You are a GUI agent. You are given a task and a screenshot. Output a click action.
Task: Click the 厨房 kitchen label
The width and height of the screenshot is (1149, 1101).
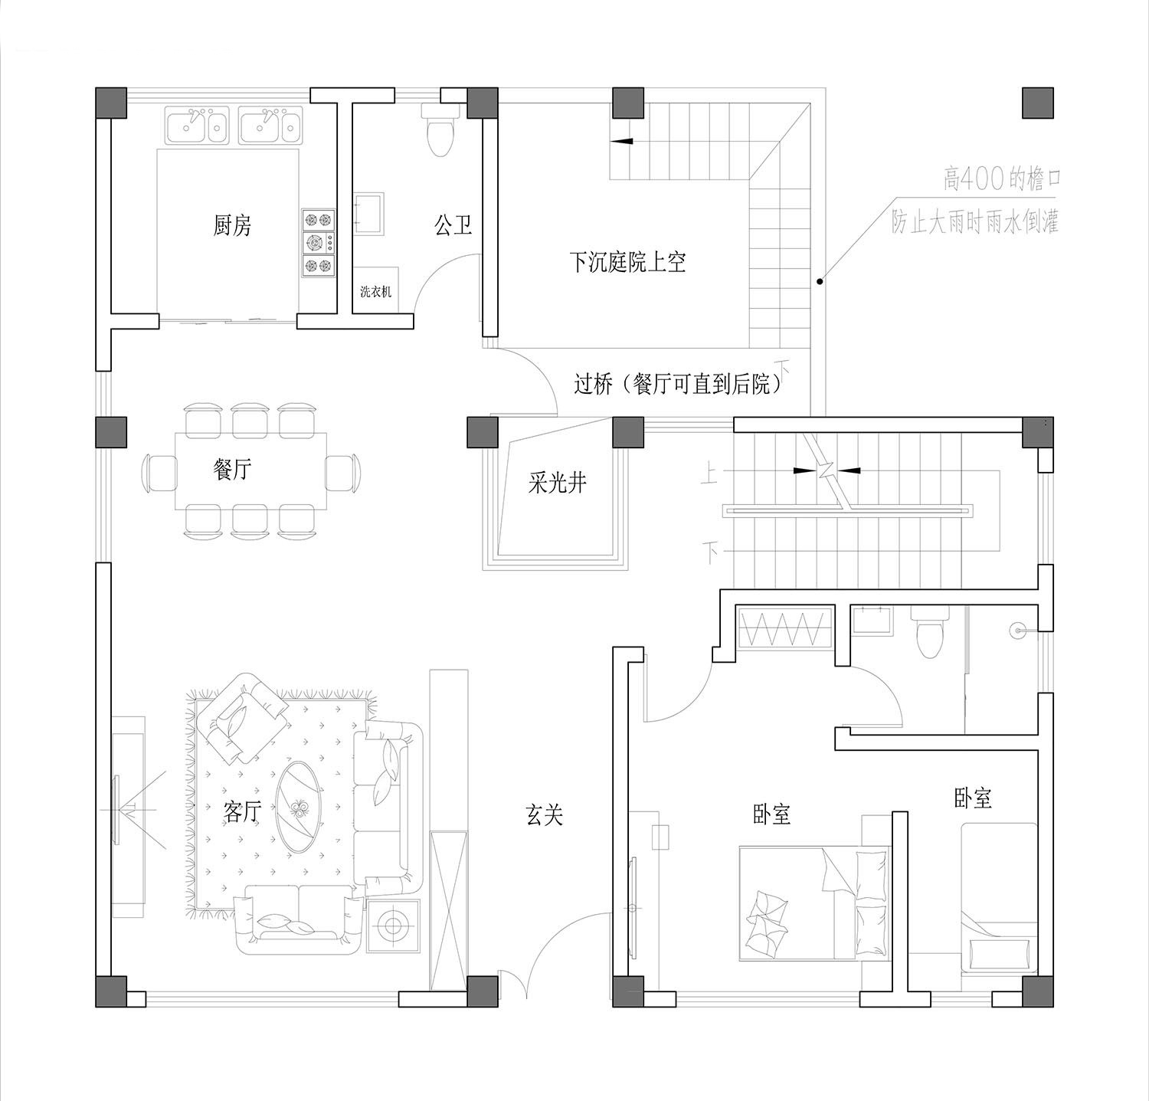click(232, 225)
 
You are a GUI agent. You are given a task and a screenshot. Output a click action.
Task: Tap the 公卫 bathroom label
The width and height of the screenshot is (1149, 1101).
click(453, 225)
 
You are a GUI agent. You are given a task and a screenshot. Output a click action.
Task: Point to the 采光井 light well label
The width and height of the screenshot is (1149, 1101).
click(557, 483)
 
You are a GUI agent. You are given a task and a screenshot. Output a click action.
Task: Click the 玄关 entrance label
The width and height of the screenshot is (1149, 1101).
click(545, 814)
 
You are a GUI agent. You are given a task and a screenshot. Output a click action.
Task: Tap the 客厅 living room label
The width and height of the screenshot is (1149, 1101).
click(242, 811)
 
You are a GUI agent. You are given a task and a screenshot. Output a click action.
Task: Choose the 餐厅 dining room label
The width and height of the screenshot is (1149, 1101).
click(232, 469)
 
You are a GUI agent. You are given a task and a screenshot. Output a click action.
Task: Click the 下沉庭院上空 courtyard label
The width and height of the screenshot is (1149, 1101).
click(627, 262)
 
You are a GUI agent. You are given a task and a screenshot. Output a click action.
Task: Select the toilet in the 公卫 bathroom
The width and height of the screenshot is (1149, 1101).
click(440, 129)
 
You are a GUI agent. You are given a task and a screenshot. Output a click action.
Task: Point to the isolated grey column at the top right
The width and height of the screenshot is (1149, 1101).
click(1038, 103)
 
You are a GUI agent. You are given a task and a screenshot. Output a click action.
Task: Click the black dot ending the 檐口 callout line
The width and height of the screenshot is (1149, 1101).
click(820, 282)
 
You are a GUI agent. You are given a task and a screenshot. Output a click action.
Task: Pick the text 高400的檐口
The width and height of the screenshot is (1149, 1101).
click(1002, 181)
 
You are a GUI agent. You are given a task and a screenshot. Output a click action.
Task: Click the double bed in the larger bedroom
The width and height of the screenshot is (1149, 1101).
click(814, 903)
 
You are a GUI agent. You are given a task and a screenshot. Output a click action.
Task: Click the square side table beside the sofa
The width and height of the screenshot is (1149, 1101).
click(394, 926)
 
